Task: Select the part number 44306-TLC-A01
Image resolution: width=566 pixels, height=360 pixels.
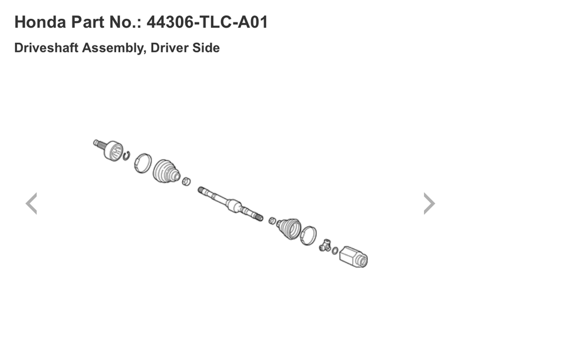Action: click(207, 23)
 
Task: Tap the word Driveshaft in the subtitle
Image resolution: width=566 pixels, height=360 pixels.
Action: click(46, 48)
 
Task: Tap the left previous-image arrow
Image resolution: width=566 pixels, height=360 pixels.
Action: click(31, 203)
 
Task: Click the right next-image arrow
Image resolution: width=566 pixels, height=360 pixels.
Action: click(429, 203)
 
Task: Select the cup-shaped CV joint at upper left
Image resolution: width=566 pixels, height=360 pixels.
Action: click(112, 150)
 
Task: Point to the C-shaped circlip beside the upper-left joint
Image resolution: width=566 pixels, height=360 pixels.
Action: click(126, 155)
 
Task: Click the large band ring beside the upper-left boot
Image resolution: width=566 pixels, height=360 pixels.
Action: click(142, 163)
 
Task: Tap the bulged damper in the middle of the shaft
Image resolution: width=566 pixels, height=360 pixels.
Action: click(234, 206)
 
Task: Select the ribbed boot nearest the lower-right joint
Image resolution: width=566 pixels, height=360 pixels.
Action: click(289, 228)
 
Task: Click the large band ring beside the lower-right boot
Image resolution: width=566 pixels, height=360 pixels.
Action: click(308, 236)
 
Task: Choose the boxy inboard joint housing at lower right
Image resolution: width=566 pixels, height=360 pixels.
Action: click(354, 256)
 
